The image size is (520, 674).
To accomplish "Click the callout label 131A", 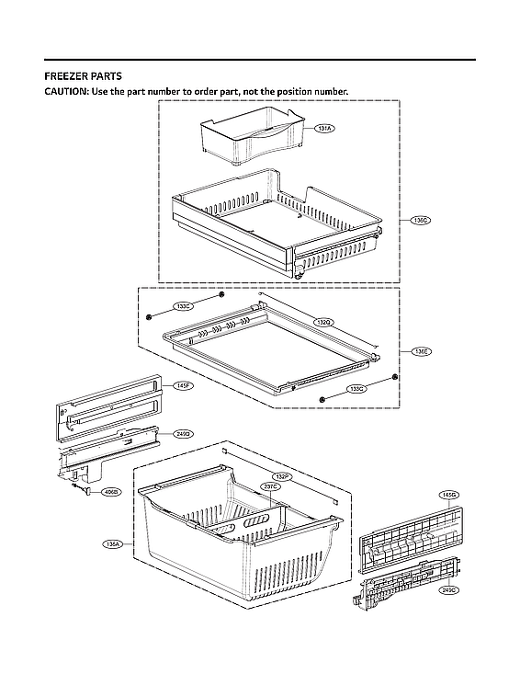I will coord(325,129).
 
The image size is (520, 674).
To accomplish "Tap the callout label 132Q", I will coord(323,322).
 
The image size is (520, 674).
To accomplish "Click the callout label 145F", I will coord(183,386).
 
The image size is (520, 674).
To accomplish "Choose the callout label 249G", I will coord(185,433).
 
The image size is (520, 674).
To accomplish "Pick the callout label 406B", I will coord(110,493).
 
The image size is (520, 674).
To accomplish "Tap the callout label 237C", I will coord(270,486).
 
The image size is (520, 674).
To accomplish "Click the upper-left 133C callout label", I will coord(183,306).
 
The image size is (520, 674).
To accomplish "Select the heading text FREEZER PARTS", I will coord(84,76).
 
